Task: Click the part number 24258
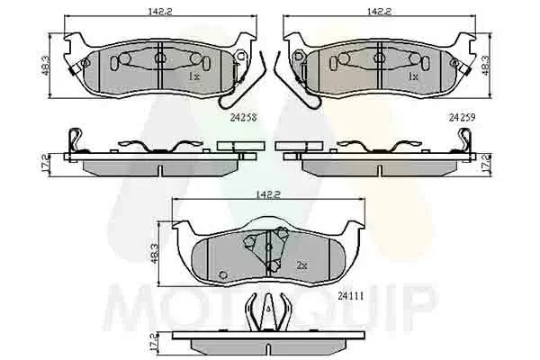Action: (244, 118)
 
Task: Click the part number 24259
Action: (462, 118)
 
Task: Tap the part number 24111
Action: (351, 296)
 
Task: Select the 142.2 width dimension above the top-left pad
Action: (160, 11)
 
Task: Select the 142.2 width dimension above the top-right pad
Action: (379, 11)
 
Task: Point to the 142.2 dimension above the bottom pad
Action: (268, 194)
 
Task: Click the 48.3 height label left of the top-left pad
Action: (46, 66)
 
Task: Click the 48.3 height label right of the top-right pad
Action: (485, 66)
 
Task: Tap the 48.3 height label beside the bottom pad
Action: (155, 254)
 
